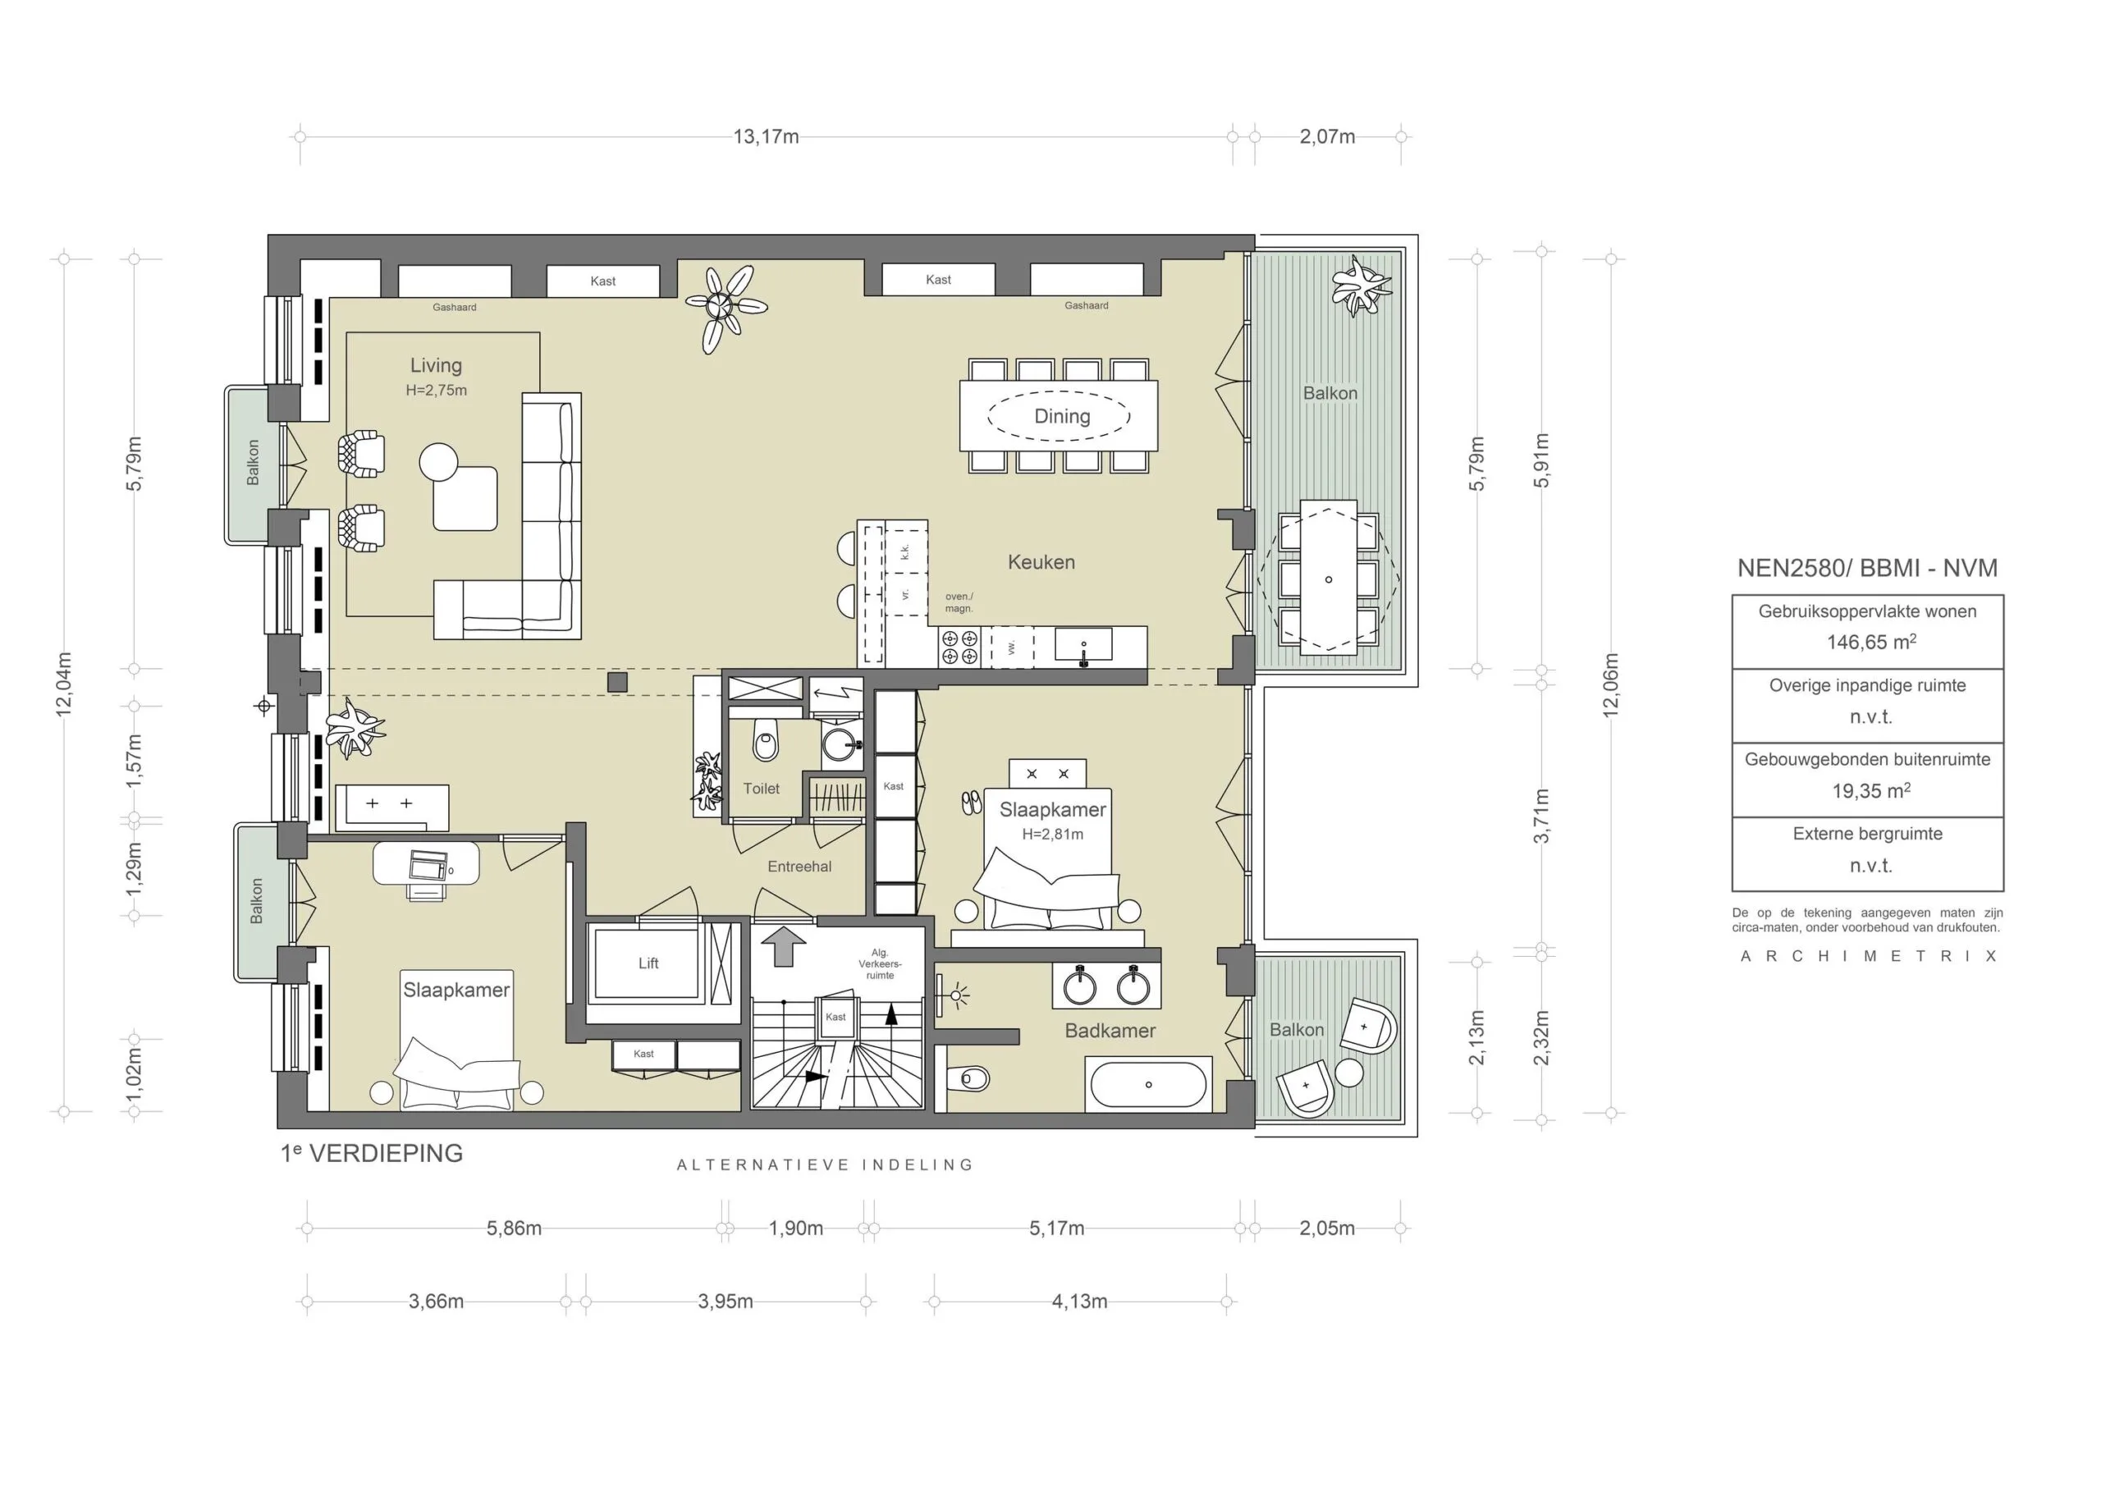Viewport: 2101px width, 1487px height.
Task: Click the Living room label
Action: (436, 365)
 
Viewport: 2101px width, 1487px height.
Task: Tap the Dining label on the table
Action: (1062, 417)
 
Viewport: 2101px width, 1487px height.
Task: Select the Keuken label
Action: (1041, 562)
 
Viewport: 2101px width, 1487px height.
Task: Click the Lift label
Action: (648, 963)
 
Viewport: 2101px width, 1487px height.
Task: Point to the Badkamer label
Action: (1110, 1031)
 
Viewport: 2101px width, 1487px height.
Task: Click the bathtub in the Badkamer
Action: (1148, 1085)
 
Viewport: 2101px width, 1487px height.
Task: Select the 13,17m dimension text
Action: (766, 137)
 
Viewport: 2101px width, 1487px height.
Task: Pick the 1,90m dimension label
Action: (795, 1228)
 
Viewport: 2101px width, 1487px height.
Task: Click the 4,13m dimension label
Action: (1079, 1302)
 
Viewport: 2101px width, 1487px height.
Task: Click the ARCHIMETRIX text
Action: (1868, 957)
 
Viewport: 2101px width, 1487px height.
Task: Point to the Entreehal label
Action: (799, 867)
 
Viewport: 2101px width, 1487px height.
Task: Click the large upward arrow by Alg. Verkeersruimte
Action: (785, 946)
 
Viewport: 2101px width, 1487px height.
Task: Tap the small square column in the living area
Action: (618, 682)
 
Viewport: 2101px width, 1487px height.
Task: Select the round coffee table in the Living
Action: (438, 462)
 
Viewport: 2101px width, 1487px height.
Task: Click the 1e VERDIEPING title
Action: (372, 1154)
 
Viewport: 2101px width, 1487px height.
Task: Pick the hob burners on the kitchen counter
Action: (959, 647)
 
